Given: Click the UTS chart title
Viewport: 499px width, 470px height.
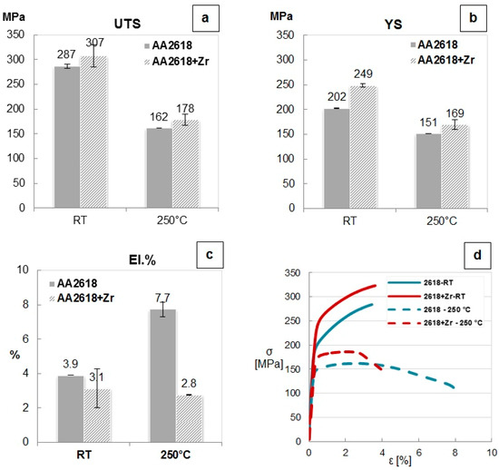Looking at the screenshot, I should click(x=124, y=16).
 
